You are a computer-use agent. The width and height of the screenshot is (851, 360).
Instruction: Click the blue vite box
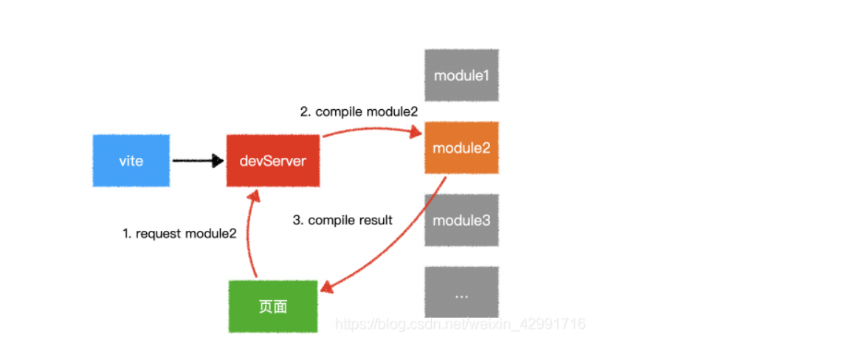click(x=131, y=161)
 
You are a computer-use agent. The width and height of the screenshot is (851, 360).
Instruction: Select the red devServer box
click(x=273, y=161)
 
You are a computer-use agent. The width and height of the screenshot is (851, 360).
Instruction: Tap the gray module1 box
click(x=461, y=75)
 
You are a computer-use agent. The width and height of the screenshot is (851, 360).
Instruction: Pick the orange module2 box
click(x=461, y=148)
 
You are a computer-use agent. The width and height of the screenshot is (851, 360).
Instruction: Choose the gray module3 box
click(x=461, y=220)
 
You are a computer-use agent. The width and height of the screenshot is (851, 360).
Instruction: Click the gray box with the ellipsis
click(x=461, y=293)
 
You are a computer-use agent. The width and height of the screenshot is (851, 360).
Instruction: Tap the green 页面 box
click(x=273, y=306)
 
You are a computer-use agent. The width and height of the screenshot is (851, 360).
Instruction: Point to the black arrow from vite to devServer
click(x=196, y=161)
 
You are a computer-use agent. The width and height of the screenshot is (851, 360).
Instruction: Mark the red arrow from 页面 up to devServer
click(x=248, y=236)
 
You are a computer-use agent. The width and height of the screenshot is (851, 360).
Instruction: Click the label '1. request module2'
click(x=179, y=233)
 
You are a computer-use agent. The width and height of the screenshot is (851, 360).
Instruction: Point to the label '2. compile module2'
click(x=359, y=112)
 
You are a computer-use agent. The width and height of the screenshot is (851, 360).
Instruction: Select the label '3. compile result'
click(x=342, y=220)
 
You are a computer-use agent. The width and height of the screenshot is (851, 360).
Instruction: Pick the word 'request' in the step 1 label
click(x=159, y=233)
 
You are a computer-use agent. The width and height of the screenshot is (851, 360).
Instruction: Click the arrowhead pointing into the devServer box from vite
click(x=218, y=161)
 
